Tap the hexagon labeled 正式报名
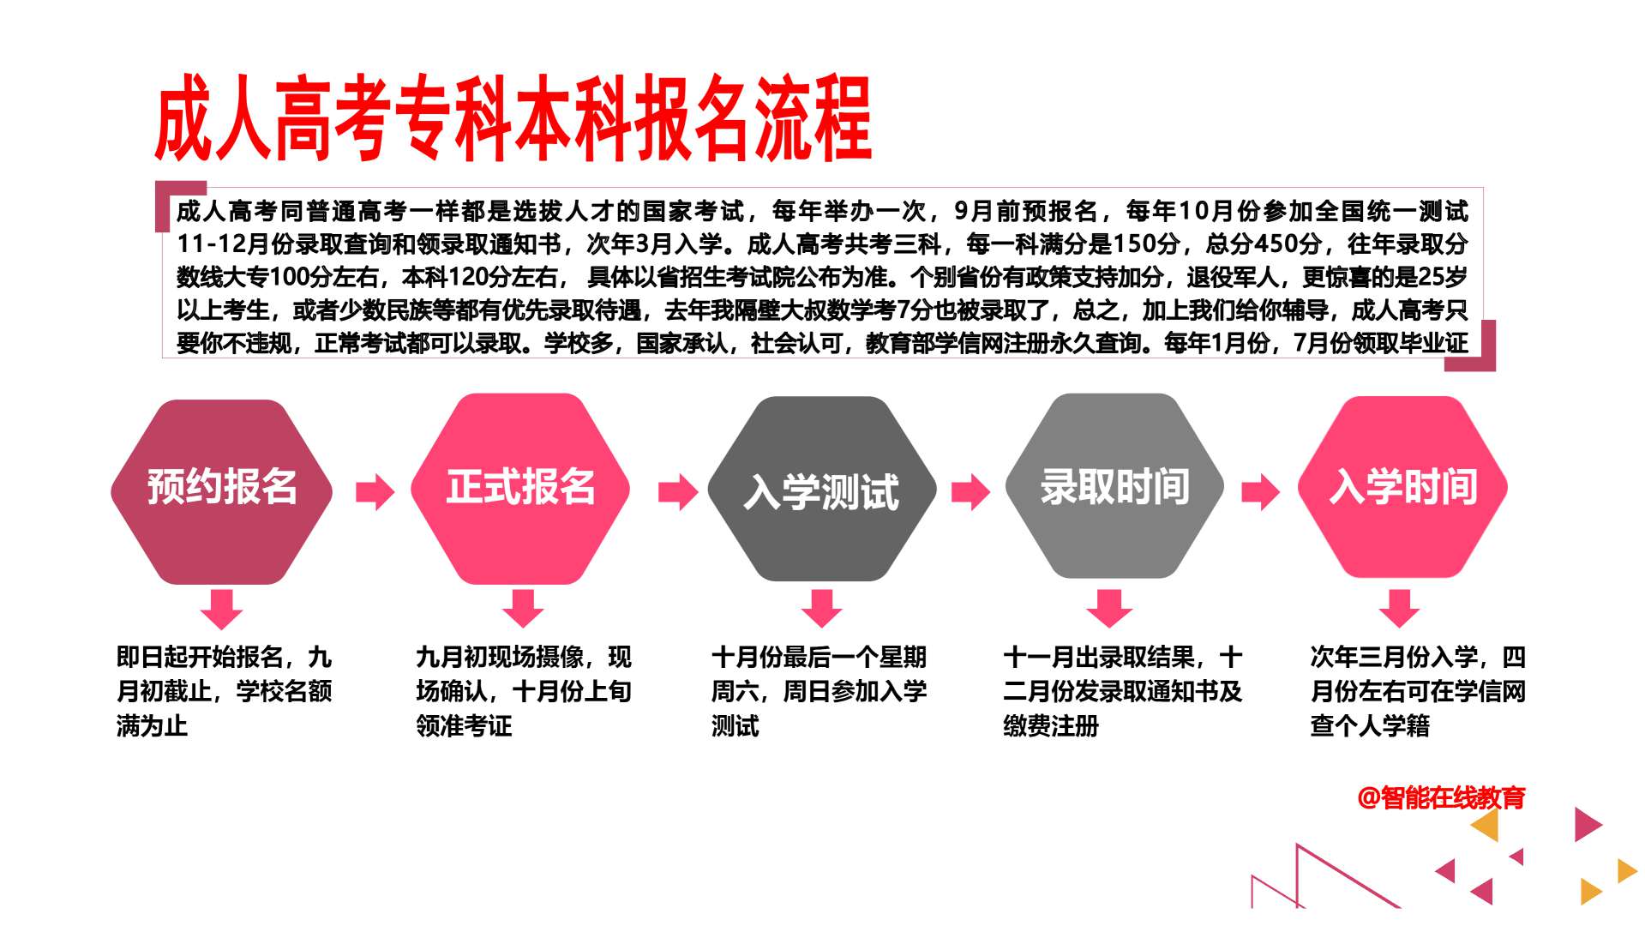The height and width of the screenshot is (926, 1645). coord(520,489)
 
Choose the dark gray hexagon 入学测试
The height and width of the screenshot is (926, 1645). coord(821,489)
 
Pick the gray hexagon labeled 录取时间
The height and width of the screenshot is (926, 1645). coord(1114,485)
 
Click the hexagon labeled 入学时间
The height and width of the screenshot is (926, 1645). coord(1403,487)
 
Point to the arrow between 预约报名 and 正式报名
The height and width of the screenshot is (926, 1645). coord(375,491)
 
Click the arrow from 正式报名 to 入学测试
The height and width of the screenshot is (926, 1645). coord(678,491)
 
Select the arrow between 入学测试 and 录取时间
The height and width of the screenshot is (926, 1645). coord(970,491)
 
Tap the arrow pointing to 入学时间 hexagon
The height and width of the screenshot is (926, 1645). coord(1260,491)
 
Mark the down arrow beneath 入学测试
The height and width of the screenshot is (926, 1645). coord(821,608)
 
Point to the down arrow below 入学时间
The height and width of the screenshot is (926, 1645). coord(1399,608)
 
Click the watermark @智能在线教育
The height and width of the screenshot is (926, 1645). coord(1442,798)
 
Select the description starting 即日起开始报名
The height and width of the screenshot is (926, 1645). coord(224,691)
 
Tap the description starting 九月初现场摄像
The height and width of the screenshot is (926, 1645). coord(524,691)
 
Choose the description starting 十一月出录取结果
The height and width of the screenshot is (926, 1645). coord(1122,691)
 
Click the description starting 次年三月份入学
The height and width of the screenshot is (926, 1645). coord(1418,691)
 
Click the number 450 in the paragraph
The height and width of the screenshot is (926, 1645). coord(1276,244)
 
